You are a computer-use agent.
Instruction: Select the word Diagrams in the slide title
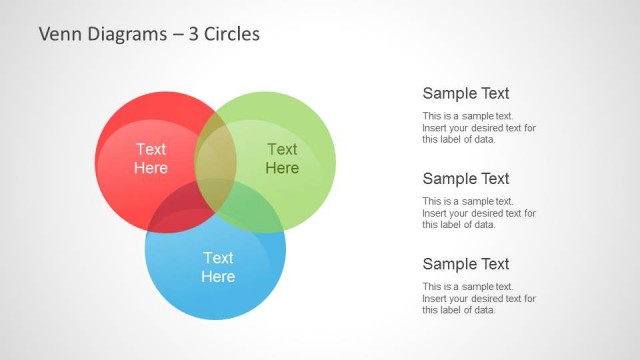click(126, 34)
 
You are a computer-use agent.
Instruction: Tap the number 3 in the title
click(194, 34)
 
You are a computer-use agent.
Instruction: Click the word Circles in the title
click(232, 34)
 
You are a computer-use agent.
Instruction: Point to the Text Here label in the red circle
click(151, 158)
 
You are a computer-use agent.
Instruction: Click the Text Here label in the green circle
click(282, 158)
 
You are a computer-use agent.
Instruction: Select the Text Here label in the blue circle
click(218, 267)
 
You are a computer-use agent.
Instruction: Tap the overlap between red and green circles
click(215, 150)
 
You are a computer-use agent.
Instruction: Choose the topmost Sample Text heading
click(466, 93)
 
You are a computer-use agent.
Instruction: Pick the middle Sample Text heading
click(466, 179)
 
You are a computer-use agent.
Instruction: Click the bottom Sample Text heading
click(466, 264)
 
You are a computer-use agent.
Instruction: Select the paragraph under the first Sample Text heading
click(479, 128)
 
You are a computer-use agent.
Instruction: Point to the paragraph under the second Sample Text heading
click(479, 213)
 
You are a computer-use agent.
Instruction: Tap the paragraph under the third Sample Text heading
click(479, 298)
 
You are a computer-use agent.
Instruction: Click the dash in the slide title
click(175, 35)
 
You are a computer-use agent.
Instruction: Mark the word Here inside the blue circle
click(218, 277)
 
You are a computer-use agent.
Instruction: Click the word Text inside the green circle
click(282, 149)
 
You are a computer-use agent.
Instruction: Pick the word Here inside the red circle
click(151, 168)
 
